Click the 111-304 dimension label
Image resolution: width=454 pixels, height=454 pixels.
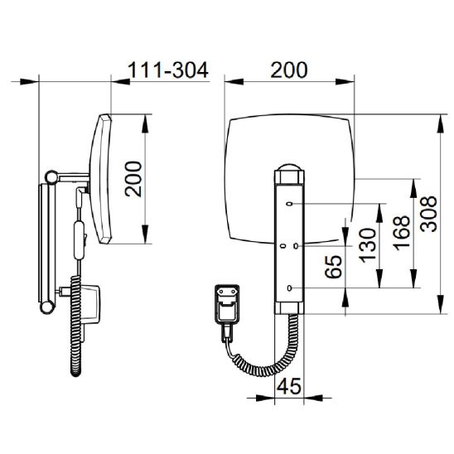click(x=168, y=70)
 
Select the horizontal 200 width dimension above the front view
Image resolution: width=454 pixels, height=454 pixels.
click(x=288, y=70)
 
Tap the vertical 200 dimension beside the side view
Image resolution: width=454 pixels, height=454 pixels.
click(x=133, y=179)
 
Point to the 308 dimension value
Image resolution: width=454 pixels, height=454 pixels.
click(x=428, y=214)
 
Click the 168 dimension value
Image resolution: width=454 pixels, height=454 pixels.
click(x=402, y=233)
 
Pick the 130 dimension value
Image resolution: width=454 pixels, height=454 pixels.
click(x=368, y=245)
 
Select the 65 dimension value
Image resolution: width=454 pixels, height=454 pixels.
click(x=333, y=267)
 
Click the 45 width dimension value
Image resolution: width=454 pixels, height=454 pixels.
click(x=289, y=386)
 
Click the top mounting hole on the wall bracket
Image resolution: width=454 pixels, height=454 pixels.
click(x=289, y=204)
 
